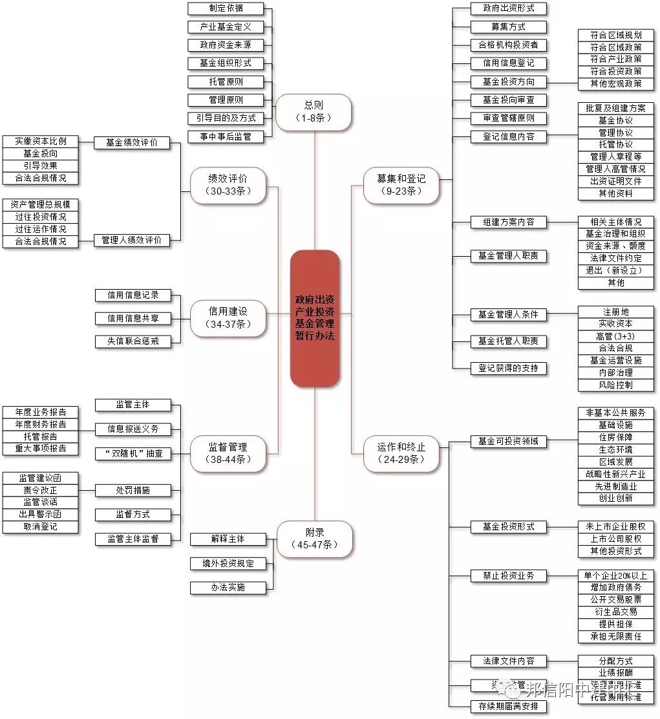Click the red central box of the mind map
(315, 318)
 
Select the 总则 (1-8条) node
(314, 111)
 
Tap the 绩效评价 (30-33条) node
(228, 186)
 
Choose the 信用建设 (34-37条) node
(228, 317)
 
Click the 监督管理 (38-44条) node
(228, 453)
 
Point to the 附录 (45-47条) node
(315, 539)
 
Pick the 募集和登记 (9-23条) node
(401, 185)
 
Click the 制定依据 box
(226, 8)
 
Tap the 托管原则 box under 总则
(226, 81)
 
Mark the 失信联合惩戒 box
(133, 341)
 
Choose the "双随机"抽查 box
(133, 453)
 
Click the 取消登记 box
(40, 526)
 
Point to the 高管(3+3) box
(615, 336)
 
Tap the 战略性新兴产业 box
(615, 474)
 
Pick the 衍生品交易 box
(615, 612)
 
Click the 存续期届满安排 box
(508, 706)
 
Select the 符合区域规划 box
(615, 35)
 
